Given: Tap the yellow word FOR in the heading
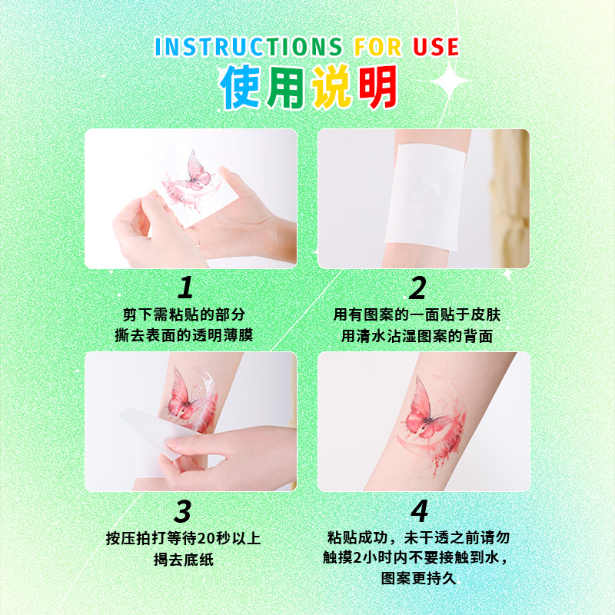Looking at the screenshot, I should point(378,46).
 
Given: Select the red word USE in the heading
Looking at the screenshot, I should point(435,46).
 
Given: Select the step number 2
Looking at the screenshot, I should point(417,288).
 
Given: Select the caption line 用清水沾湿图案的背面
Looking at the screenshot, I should point(417,336).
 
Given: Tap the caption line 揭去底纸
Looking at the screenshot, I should point(184,560).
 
